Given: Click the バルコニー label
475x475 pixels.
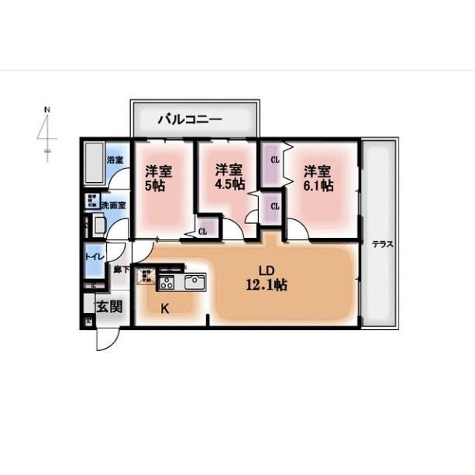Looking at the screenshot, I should point(190,119).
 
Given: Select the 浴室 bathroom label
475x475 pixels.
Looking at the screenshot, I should point(115,161).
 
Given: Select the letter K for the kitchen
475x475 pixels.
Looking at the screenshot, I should point(165,308).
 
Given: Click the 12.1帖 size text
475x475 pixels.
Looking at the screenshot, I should point(267,285).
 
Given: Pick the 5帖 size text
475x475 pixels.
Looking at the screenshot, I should point(154,186).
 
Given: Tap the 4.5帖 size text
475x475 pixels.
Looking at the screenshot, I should point(230,185).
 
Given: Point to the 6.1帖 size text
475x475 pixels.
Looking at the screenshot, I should point(318,185).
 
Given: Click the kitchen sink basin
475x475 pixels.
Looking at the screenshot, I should point(194,281).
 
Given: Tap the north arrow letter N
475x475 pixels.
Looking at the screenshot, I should point(46,110).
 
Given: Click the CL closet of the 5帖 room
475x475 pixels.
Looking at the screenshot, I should point(202,230).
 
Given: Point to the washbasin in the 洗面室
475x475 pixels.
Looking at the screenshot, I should point(99,225).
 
